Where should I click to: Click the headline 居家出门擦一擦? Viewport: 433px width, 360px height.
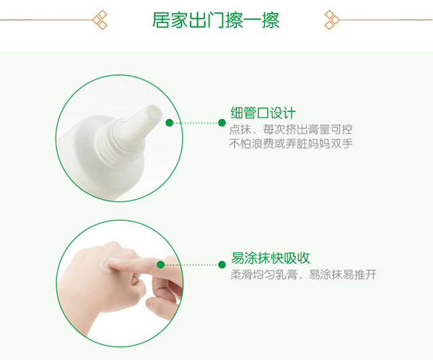click(216, 19)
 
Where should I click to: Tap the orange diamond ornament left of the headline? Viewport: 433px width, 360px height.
click(101, 19)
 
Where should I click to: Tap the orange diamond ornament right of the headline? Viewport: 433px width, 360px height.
click(331, 19)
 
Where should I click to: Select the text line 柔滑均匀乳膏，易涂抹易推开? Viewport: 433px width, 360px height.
click(303, 275)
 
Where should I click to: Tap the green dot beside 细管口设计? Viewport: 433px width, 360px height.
click(223, 123)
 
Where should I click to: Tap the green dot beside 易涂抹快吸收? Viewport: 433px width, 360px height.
click(223, 265)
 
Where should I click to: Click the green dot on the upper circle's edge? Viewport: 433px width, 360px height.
click(169, 123)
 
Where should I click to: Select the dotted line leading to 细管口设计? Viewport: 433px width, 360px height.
click(196, 123)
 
